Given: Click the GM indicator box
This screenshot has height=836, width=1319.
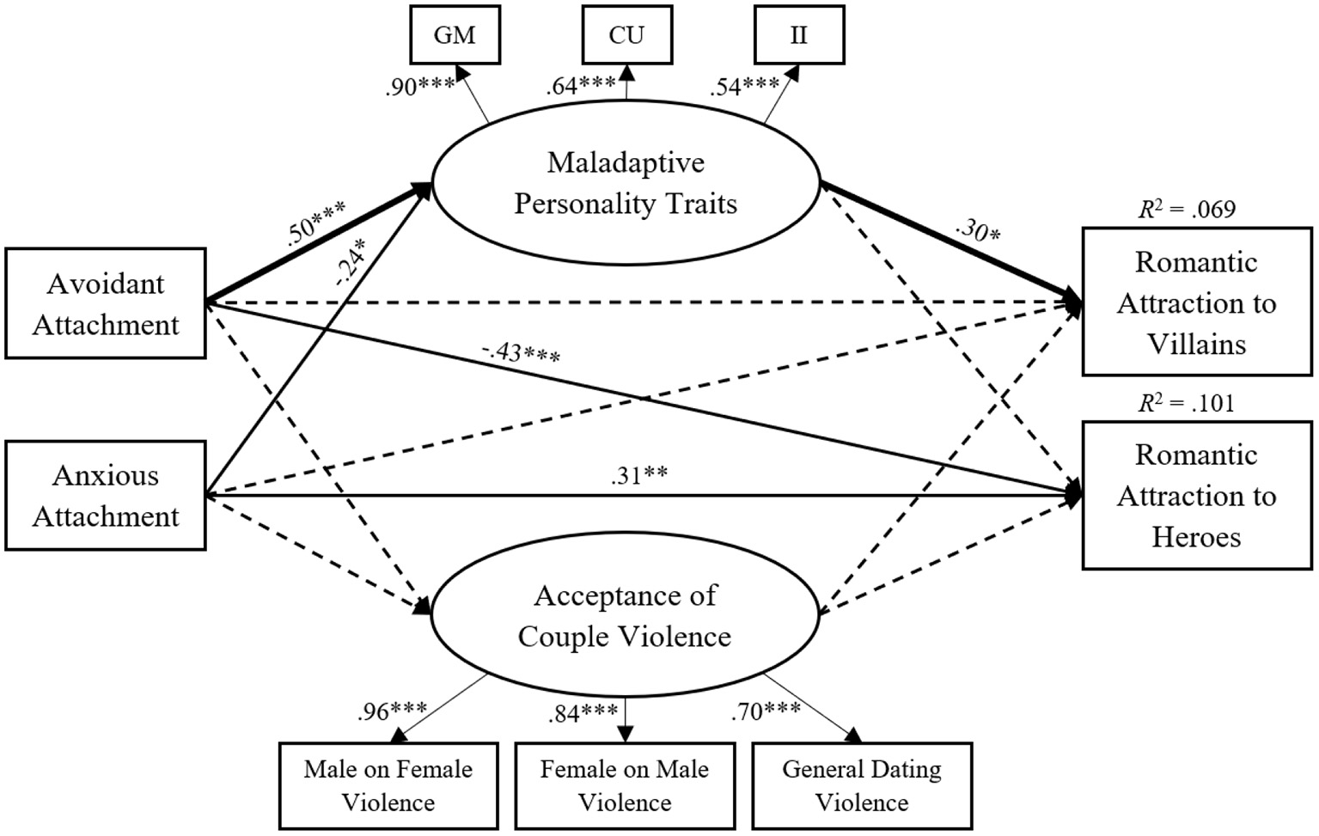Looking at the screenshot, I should point(455,35).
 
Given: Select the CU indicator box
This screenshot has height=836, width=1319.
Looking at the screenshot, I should point(626,35).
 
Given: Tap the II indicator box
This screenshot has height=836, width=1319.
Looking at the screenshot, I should point(798,35).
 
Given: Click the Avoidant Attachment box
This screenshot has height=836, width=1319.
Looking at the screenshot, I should point(106,303).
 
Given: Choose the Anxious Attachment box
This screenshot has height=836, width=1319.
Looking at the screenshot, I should point(106,496).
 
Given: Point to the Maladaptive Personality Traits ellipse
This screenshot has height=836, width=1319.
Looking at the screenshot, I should point(626,183).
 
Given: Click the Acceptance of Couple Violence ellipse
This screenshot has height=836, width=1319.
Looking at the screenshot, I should point(626,616).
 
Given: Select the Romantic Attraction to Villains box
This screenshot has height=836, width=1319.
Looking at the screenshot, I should point(1196,302).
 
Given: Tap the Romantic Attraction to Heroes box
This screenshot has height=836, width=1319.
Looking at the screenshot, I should point(1196,496).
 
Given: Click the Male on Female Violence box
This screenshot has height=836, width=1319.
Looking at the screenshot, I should point(388,785).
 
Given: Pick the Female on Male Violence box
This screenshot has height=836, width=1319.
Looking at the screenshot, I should point(625,785).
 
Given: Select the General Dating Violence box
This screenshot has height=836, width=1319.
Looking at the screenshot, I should point(862,785).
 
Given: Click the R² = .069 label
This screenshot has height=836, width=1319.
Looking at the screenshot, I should point(1187,210).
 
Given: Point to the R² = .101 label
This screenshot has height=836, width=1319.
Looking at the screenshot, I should point(1187,403).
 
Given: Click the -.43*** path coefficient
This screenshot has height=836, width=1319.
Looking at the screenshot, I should point(521,352).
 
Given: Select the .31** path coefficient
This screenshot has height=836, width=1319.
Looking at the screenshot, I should point(639,476).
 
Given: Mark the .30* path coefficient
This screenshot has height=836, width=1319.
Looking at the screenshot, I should point(977,230).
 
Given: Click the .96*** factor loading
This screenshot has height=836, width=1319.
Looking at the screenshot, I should point(393,711).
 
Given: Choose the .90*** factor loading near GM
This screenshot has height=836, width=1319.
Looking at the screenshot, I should point(420,87).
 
